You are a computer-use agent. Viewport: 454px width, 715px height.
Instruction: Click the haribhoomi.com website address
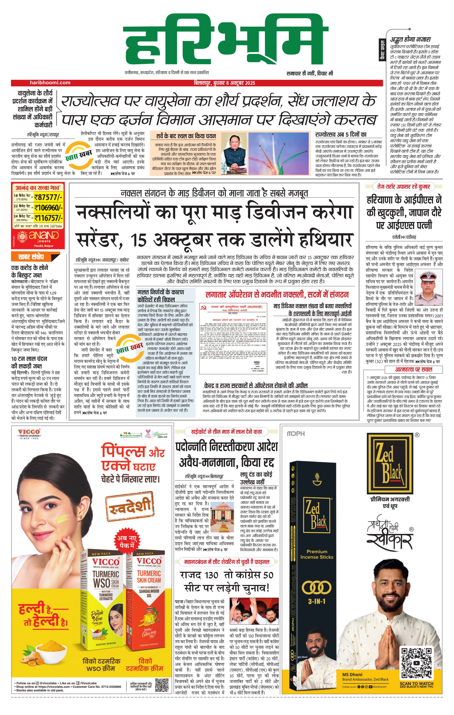tap(50, 82)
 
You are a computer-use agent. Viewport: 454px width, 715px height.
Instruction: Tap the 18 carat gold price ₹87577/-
tap(48, 197)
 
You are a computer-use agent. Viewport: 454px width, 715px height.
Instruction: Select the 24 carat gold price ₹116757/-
tap(48, 218)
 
